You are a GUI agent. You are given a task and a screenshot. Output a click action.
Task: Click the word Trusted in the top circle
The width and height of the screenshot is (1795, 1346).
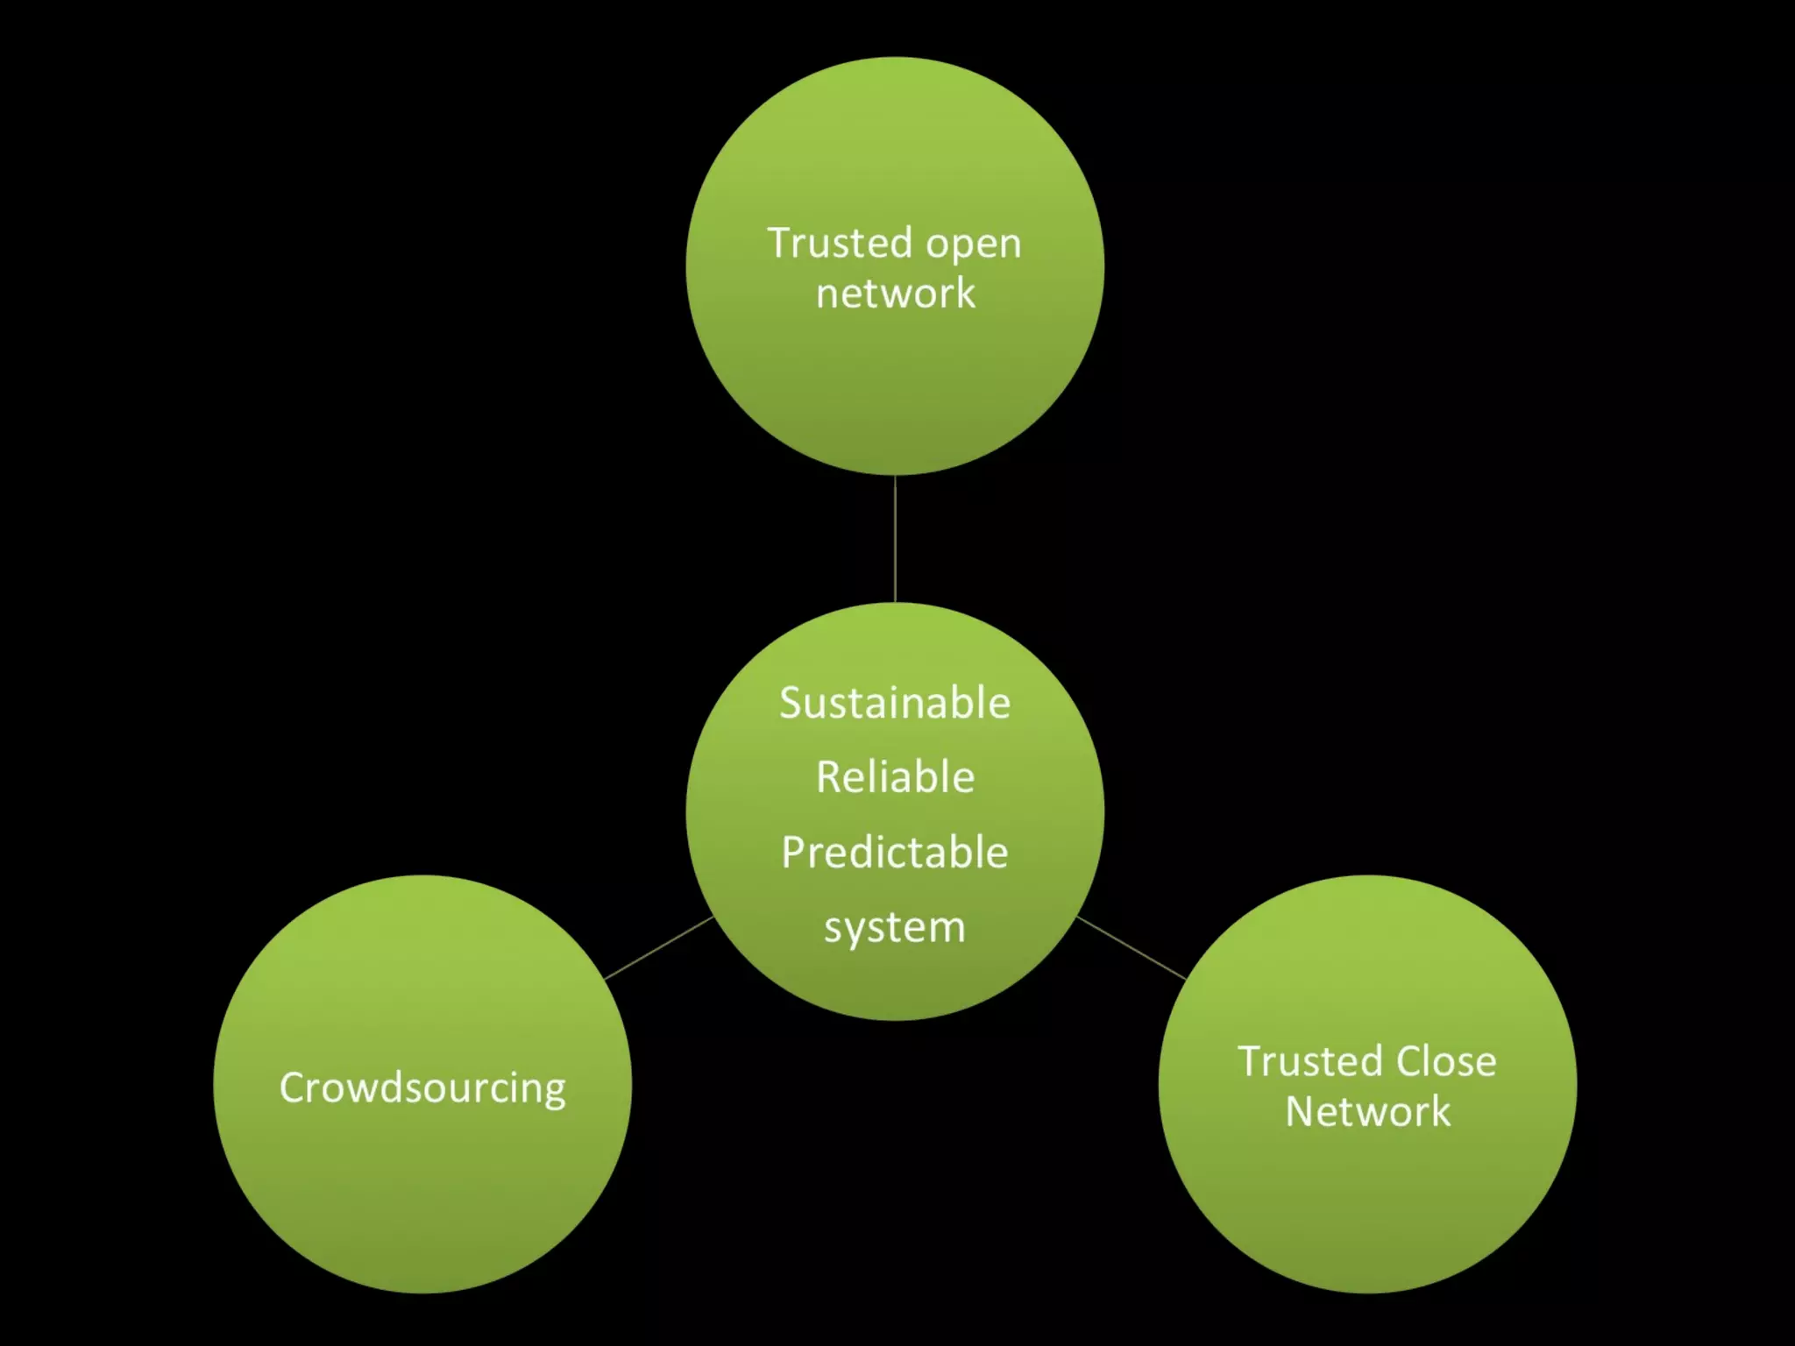[840, 243]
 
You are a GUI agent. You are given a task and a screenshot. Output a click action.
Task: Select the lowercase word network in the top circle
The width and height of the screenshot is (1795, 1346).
[895, 293]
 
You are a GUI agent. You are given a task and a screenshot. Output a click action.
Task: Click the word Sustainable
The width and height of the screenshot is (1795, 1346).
[895, 703]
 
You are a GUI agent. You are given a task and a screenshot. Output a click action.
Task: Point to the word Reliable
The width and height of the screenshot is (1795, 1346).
[895, 777]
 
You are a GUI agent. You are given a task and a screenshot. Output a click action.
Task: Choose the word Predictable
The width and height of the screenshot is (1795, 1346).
[895, 853]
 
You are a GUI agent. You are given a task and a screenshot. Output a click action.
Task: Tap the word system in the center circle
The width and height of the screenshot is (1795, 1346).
[895, 927]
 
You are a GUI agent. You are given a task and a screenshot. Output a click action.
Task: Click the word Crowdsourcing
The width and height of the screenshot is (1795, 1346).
[422, 1088]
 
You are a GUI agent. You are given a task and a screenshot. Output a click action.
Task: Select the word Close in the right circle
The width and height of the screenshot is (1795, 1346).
[1445, 1061]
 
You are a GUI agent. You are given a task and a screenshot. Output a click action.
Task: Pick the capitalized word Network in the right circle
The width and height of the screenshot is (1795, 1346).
[1367, 1111]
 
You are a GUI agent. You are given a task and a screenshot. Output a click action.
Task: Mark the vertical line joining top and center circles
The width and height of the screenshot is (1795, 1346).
[895, 538]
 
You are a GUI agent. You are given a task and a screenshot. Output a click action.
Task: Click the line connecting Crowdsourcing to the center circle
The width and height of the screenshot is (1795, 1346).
[659, 947]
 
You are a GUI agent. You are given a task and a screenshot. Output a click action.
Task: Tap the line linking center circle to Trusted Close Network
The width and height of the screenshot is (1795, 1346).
[1131, 947]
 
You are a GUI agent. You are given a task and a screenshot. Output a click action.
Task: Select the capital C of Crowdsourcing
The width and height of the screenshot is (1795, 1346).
[293, 1087]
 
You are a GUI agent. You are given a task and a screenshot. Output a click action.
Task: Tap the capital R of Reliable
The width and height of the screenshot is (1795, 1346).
[828, 777]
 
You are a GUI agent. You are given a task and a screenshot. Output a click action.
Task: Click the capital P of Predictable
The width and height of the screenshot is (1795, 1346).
[793, 853]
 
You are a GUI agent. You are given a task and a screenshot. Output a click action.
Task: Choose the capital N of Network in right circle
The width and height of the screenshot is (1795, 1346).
[1301, 1111]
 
